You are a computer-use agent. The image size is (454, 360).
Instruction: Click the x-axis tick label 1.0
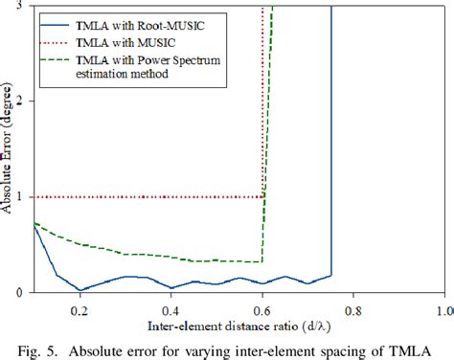(443, 311)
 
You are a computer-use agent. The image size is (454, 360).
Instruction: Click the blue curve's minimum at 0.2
(79, 289)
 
